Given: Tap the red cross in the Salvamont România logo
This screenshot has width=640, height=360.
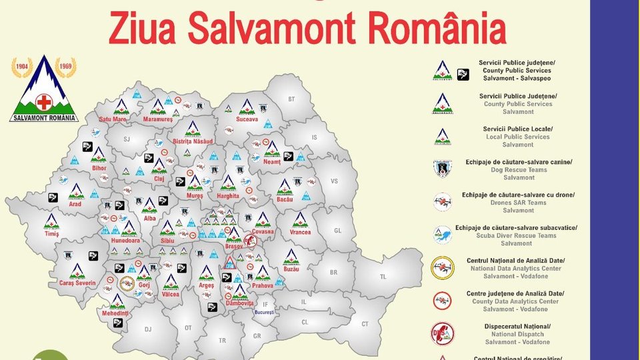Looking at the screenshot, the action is click(x=44, y=102).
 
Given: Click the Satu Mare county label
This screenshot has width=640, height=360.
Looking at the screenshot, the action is click(x=113, y=119).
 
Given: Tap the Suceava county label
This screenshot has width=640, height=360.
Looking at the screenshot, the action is click(x=247, y=120).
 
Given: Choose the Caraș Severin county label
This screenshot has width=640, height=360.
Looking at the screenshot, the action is click(x=73, y=283).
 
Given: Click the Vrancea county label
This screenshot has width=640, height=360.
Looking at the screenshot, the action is click(x=301, y=232).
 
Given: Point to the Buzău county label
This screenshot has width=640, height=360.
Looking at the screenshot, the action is click(x=291, y=269).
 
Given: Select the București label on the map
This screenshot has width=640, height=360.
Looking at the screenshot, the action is click(x=264, y=312).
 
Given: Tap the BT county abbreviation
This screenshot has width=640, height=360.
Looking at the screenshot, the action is click(x=291, y=99).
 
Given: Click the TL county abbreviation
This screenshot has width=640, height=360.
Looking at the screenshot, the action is click(x=383, y=276).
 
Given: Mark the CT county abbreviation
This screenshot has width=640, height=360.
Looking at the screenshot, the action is click(x=365, y=324).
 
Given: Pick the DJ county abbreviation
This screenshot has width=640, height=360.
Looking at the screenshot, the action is click(x=147, y=329).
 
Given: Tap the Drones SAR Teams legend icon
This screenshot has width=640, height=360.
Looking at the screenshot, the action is click(x=442, y=201).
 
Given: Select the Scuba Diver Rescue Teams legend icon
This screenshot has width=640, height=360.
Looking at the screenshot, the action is click(x=442, y=235).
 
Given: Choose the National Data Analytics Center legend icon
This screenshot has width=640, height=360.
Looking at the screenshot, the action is click(x=442, y=268).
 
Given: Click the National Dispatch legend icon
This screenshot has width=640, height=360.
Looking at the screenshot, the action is click(x=442, y=333).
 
